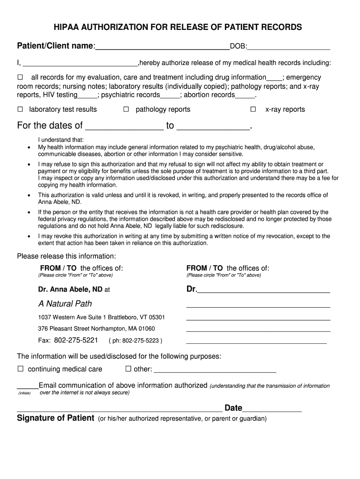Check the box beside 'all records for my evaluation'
[20, 77]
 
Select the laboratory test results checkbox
[20, 109]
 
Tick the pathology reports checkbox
[126, 109]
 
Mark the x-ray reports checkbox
[253, 109]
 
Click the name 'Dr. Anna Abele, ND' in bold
[70, 290]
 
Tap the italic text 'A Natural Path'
[65, 304]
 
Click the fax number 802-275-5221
[76, 340]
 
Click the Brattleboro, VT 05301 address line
[101, 317]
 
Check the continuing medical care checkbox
[21, 369]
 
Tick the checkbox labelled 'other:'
[128, 369]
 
